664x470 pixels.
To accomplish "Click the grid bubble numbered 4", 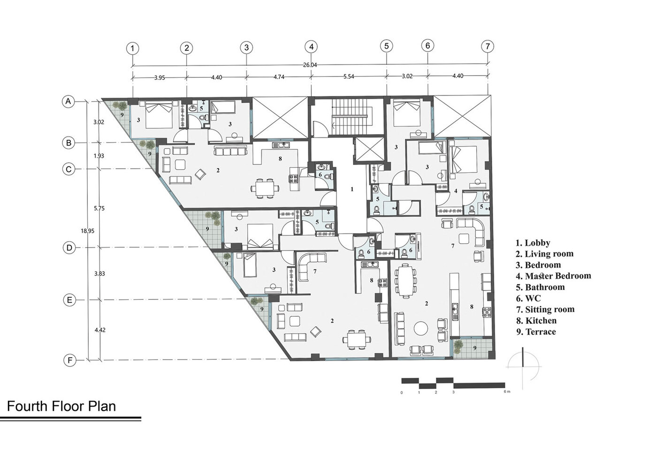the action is click(311, 47).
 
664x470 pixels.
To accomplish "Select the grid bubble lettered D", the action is click(69, 248).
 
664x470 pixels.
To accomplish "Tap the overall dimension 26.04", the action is click(310, 65).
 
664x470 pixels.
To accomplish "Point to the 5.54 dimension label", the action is click(349, 76).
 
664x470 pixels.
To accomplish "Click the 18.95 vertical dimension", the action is click(87, 231).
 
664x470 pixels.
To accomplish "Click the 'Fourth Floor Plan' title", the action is click(61, 406).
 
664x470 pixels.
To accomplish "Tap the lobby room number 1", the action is click(352, 189).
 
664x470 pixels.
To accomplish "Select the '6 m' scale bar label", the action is click(507, 392).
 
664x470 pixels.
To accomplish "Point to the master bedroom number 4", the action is click(456, 191).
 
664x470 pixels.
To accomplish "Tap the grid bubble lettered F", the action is click(70, 360).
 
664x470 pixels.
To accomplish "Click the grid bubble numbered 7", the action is click(488, 47).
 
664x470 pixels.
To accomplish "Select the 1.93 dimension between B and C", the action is click(99, 156).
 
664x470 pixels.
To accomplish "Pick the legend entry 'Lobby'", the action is click(533, 243).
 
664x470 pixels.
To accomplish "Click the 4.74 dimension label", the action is click(279, 77).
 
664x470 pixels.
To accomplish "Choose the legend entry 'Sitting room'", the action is click(545, 309).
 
